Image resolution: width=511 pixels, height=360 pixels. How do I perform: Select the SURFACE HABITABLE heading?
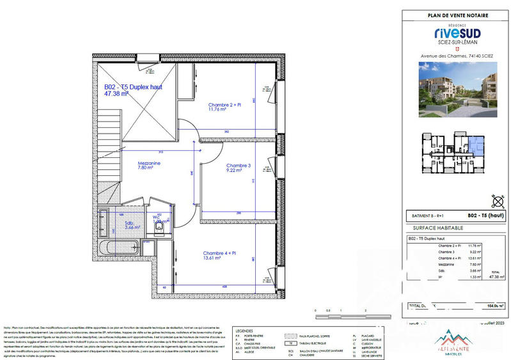(x=434, y=228)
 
